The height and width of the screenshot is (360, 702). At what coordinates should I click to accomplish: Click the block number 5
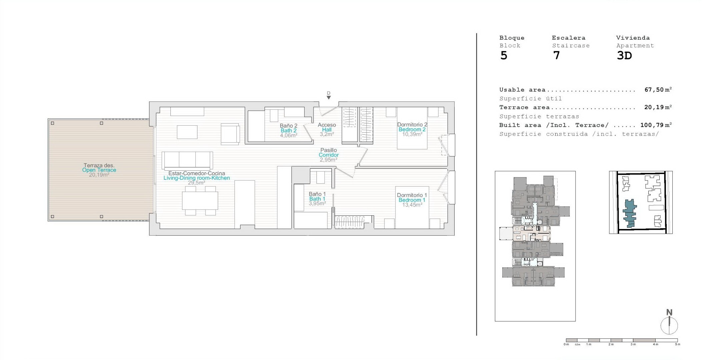tap(504, 56)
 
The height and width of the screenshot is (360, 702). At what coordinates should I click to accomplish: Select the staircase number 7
tap(556, 55)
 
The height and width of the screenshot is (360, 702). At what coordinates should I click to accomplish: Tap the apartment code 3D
tap(624, 55)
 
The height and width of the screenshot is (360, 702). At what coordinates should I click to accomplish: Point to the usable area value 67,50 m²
tap(658, 90)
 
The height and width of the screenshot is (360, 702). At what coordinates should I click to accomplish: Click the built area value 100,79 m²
tap(656, 125)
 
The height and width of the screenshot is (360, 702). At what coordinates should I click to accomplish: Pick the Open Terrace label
tap(99, 170)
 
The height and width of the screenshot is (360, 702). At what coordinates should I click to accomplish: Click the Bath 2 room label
tap(288, 131)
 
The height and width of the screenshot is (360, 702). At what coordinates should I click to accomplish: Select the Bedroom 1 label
tap(412, 200)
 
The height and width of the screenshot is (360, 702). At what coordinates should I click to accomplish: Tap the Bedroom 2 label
tap(412, 129)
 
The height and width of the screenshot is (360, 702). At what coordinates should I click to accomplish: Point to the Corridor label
tap(328, 155)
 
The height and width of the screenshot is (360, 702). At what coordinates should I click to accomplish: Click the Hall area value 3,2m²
tap(327, 134)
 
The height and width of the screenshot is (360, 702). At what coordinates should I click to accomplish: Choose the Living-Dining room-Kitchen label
tap(196, 178)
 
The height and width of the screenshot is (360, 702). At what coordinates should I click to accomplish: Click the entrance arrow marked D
tap(329, 97)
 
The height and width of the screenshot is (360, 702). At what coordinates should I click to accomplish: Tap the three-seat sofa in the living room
tap(187, 161)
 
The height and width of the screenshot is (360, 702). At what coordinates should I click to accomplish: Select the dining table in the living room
tap(200, 201)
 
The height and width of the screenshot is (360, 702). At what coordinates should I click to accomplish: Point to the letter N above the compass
tap(669, 312)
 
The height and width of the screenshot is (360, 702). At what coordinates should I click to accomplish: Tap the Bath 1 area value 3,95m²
tap(317, 203)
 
